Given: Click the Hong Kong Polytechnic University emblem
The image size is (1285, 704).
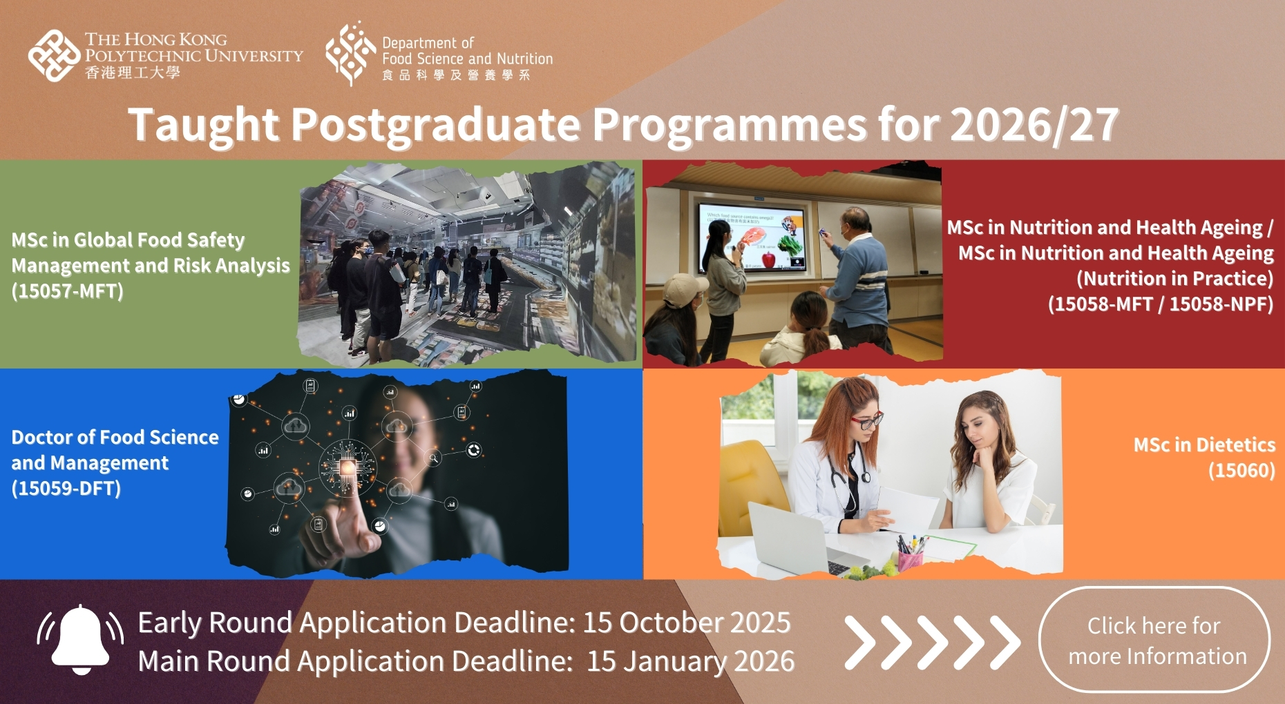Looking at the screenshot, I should point(53,55).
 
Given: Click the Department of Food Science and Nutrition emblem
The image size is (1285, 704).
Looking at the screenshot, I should point(350,54).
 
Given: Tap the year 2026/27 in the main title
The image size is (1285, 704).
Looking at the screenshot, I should point(1034,125).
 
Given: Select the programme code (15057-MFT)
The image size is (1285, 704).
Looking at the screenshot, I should point(67,291).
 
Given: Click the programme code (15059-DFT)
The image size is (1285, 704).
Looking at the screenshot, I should point(66,489).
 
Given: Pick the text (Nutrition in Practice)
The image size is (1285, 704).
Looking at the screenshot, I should point(1174,279).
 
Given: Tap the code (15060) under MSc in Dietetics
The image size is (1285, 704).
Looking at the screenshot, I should point(1241,471).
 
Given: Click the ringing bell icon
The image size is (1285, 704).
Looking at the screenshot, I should point(81,640).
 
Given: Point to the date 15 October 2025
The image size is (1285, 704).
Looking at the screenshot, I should point(686,623).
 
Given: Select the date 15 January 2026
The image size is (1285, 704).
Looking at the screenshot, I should point(690,661).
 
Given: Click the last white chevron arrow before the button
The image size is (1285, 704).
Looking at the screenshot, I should point(1005,643).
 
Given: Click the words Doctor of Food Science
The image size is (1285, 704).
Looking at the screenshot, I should point(115,438).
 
